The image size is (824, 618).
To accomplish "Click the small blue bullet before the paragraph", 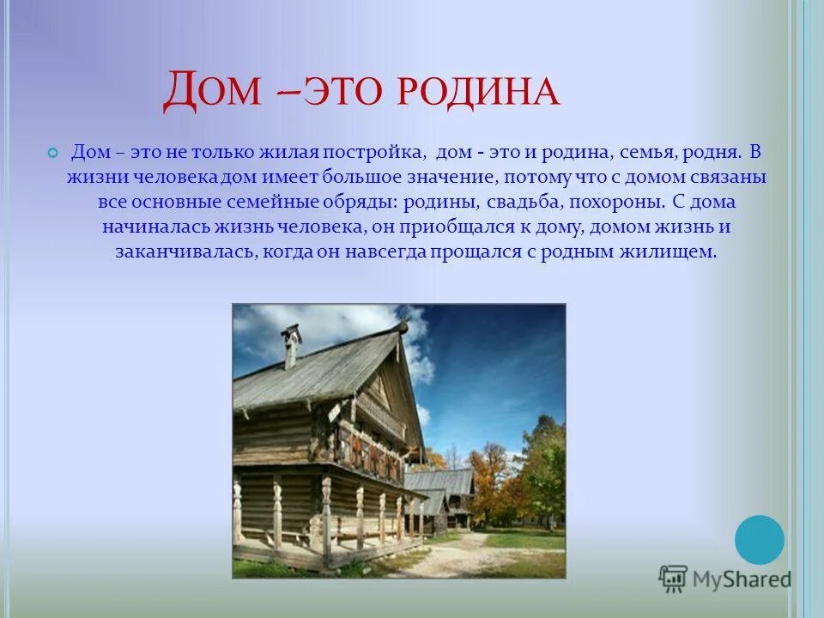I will pos(53,153).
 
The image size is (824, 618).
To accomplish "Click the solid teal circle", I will pos(760,540).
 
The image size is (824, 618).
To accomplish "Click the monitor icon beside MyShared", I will pos(674,579).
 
